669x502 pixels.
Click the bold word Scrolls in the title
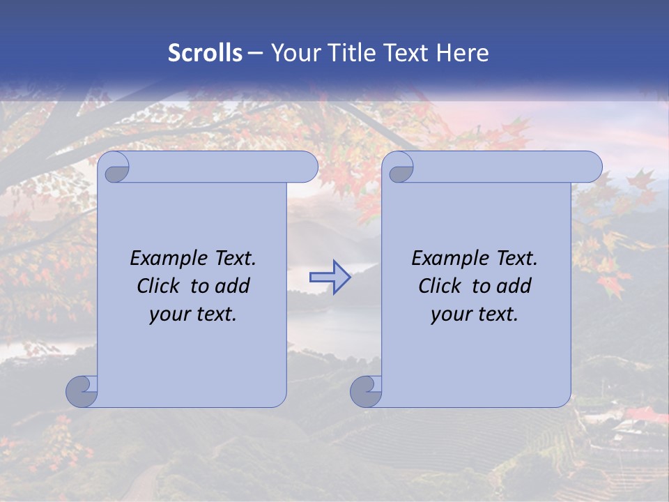205,53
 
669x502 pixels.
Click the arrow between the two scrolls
330,277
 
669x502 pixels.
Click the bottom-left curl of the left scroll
81,391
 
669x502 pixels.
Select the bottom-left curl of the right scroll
365,391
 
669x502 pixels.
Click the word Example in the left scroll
164,258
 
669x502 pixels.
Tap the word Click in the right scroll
439,286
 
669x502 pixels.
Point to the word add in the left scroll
233,286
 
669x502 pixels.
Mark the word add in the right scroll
515,286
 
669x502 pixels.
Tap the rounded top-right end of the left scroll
307,167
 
